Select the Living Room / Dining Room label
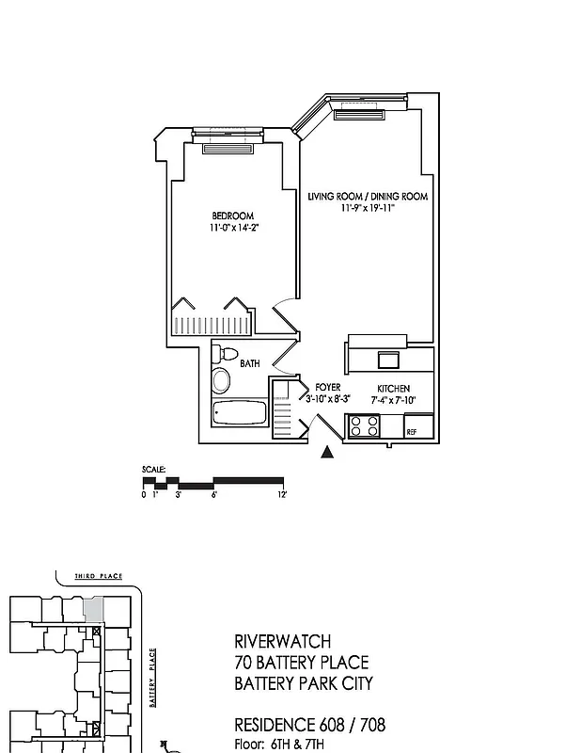tap(368, 197)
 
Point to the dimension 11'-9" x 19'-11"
tap(368, 208)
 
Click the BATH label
tap(249, 362)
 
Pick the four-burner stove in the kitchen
tap(364, 426)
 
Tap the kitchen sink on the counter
tap(388, 359)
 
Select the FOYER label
tap(328, 388)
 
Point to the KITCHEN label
tap(393, 389)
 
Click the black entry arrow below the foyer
tap(327, 453)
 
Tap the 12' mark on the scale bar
tap(282, 494)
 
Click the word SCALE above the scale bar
tap(153, 469)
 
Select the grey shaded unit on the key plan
tap(93, 608)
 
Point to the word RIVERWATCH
tap(280, 640)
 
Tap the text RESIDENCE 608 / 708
tap(309, 725)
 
